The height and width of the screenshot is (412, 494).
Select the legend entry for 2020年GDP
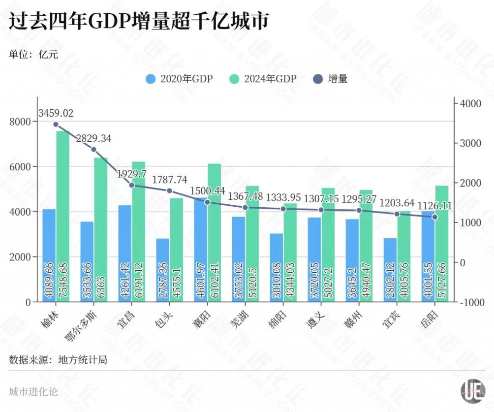(179, 79)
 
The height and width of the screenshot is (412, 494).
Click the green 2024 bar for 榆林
(62, 217)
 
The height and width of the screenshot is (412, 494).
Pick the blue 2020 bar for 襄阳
(201, 250)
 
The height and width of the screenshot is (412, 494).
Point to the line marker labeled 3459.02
(56, 125)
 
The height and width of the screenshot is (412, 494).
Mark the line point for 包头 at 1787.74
(169, 191)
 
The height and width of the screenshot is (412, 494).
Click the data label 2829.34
(93, 139)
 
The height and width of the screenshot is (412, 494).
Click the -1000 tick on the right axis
(470, 302)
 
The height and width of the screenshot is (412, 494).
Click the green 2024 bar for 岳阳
(442, 244)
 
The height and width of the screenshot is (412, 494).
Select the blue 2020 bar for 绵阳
(277, 267)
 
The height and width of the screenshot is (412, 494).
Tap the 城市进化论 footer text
(33, 392)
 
